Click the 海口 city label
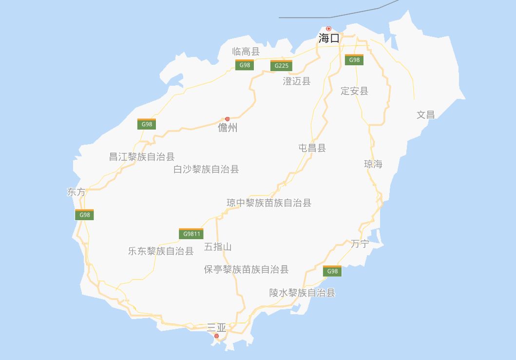[x=329, y=38]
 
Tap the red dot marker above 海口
[x=329, y=29]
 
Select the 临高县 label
[x=246, y=51]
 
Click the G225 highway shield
[x=282, y=65]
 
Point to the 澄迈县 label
[x=297, y=81]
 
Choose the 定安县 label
[x=355, y=91]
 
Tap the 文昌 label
[x=426, y=115]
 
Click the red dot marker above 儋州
[x=228, y=119]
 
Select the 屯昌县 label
[x=312, y=148]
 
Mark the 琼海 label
[x=373, y=164]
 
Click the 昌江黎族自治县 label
[x=142, y=157]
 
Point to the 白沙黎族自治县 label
[x=207, y=170]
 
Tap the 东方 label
[x=76, y=192]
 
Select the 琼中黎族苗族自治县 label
[x=269, y=203]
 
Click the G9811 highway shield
[x=191, y=234]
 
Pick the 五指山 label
[x=218, y=247]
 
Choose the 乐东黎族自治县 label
[x=161, y=251]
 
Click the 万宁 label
[x=360, y=244]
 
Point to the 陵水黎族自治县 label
[x=303, y=293]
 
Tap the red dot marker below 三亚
[x=217, y=336]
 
